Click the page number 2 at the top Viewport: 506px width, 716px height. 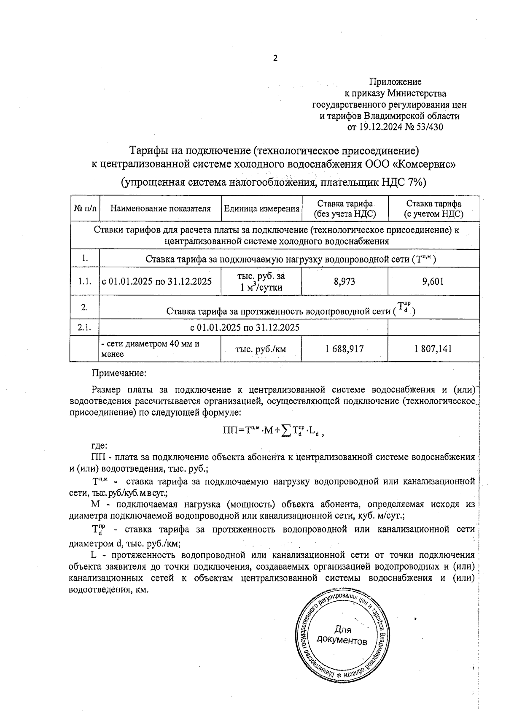tap(275, 58)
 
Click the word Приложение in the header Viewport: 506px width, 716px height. tap(395, 81)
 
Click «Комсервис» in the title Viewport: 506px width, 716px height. tap(428, 164)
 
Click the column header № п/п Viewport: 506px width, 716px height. tap(85, 208)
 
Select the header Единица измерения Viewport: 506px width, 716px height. tap(261, 208)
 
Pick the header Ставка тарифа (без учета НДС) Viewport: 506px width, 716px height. tap(345, 208)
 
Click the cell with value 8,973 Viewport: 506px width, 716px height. tap(345, 281)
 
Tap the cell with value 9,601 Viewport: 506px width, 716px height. tap(433, 281)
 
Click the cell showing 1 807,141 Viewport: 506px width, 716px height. tap(433, 349)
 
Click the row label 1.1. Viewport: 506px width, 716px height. tap(85, 281)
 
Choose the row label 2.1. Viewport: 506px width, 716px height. tap(85, 327)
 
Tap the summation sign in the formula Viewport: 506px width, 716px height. tap(286, 430)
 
